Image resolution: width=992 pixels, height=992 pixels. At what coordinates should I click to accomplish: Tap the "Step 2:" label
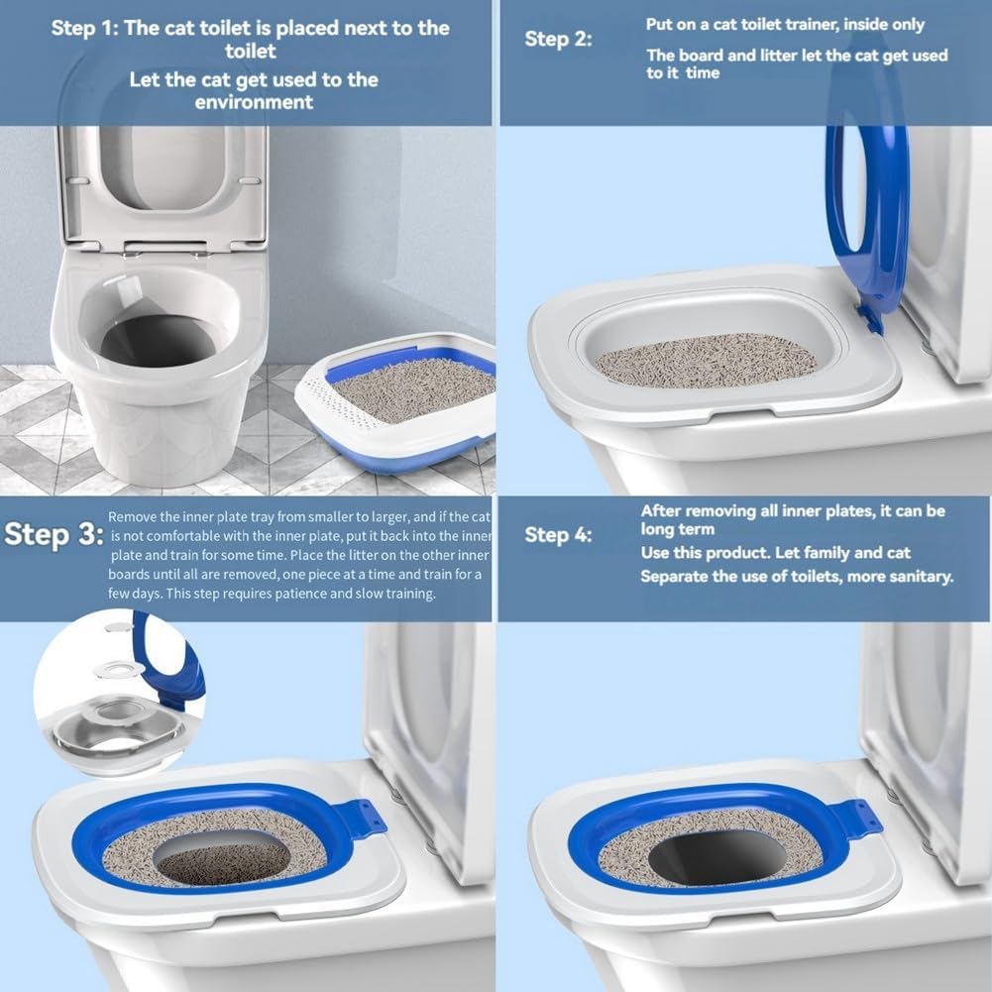pyautogui.click(x=558, y=39)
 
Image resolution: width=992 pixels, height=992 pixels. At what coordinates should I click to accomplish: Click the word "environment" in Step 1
pyautogui.click(x=254, y=102)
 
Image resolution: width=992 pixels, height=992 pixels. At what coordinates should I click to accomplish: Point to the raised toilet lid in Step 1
pyautogui.click(x=164, y=183)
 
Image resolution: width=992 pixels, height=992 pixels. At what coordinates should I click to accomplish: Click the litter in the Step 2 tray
pyautogui.click(x=706, y=361)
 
